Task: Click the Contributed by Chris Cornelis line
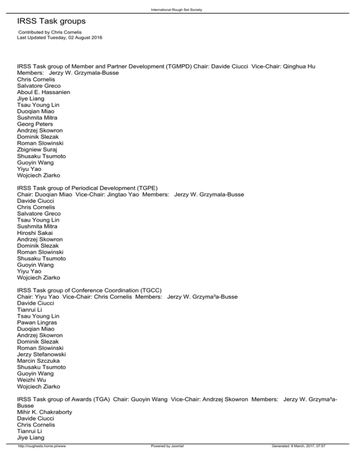(x=52, y=32)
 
